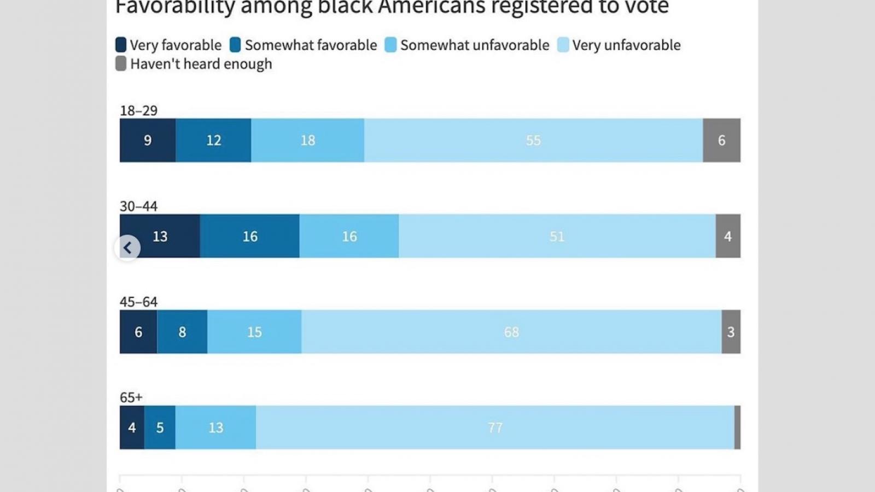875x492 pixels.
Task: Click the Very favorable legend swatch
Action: pyautogui.click(x=121, y=45)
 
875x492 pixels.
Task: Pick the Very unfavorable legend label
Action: pyautogui.click(x=626, y=45)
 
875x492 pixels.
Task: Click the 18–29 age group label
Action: pyautogui.click(x=138, y=110)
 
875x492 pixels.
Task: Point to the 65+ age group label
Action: pyautogui.click(x=131, y=397)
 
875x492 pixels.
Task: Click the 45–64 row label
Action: pyautogui.click(x=138, y=302)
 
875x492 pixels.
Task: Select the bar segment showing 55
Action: pyautogui.click(x=533, y=140)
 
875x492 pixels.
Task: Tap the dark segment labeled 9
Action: pyautogui.click(x=148, y=140)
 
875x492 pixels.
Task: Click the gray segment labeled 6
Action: pyautogui.click(x=721, y=140)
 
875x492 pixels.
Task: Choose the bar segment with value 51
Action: pyautogui.click(x=557, y=236)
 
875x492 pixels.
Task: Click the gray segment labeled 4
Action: pyautogui.click(x=728, y=236)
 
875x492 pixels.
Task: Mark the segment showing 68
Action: pyautogui.click(x=511, y=332)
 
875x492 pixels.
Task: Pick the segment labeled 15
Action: pyautogui.click(x=254, y=332)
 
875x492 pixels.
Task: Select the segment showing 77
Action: pyautogui.click(x=495, y=427)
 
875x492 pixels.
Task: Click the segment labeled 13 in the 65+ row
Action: pyautogui.click(x=215, y=427)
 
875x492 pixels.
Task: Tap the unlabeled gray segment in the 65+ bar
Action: pyautogui.click(x=737, y=427)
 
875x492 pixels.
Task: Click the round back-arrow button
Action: pyautogui.click(x=127, y=248)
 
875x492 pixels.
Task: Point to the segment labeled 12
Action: pyautogui.click(x=213, y=140)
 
